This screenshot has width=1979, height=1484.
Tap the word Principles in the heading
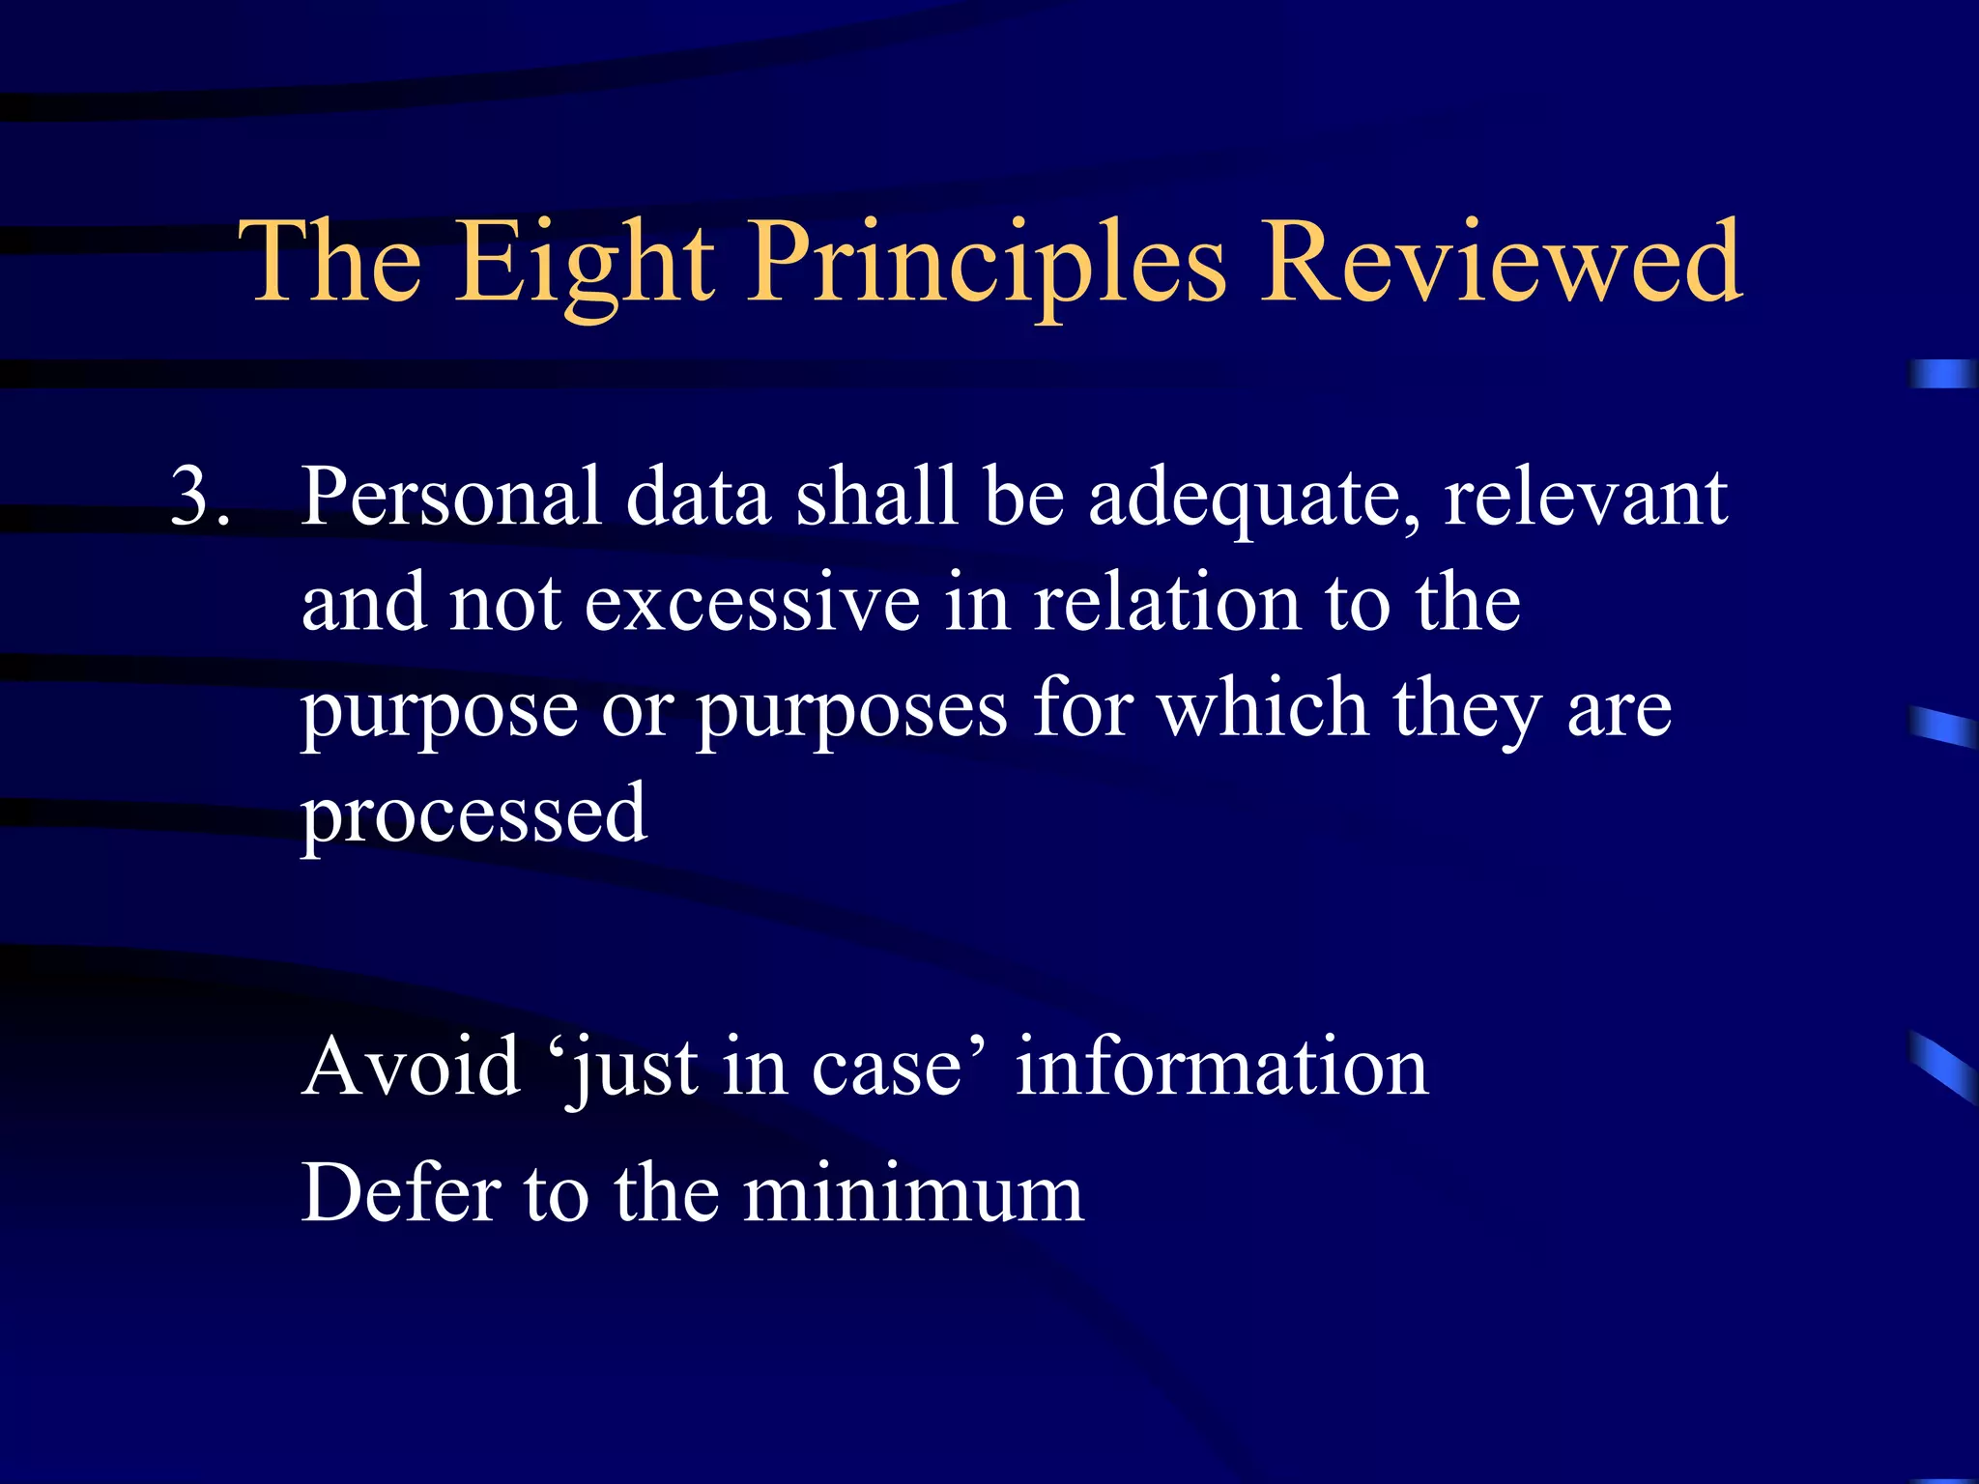click(988, 261)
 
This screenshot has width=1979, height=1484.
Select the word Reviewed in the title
click(1502, 261)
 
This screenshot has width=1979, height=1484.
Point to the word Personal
click(451, 497)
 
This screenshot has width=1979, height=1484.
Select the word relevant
click(1586, 497)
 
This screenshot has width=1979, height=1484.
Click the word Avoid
click(411, 1067)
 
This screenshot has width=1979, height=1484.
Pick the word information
click(1221, 1067)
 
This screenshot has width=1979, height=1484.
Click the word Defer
click(401, 1193)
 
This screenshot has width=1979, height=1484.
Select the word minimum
click(913, 1193)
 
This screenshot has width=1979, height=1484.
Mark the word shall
click(876, 497)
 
